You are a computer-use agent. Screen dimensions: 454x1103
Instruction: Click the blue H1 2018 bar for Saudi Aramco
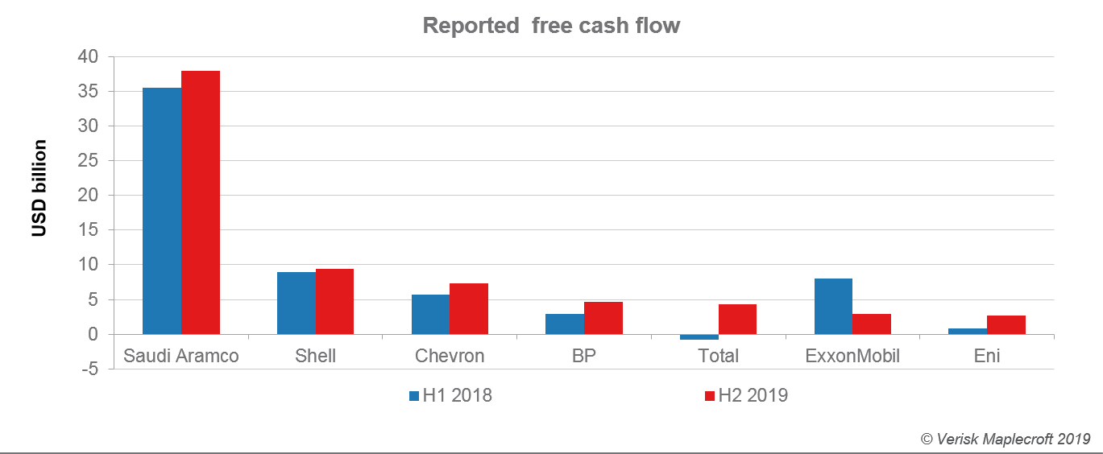[162, 211]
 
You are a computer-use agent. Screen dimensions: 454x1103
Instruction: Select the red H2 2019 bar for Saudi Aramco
[201, 202]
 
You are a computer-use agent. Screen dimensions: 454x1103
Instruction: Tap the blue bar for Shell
[296, 303]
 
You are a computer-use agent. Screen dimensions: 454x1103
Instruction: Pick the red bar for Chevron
[469, 308]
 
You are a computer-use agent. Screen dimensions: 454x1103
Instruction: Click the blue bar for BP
[565, 324]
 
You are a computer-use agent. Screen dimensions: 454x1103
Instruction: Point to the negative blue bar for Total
[699, 336]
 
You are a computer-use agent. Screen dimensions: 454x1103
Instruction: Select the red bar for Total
[737, 319]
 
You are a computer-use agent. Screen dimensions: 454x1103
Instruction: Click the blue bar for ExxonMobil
[833, 306]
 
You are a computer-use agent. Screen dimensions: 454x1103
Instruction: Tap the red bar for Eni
[1006, 324]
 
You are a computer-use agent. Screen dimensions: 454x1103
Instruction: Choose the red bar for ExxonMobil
[872, 324]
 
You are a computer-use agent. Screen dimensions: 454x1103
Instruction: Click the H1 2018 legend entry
[450, 395]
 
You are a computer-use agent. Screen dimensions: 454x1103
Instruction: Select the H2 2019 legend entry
[746, 395]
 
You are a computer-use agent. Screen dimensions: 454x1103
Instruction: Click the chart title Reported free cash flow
[551, 26]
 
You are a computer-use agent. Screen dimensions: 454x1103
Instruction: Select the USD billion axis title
[39, 188]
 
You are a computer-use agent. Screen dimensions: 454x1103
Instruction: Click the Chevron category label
[450, 356]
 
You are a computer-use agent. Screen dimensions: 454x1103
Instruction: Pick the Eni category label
[987, 356]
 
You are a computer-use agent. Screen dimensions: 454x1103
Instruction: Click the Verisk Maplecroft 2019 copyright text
[1005, 439]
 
